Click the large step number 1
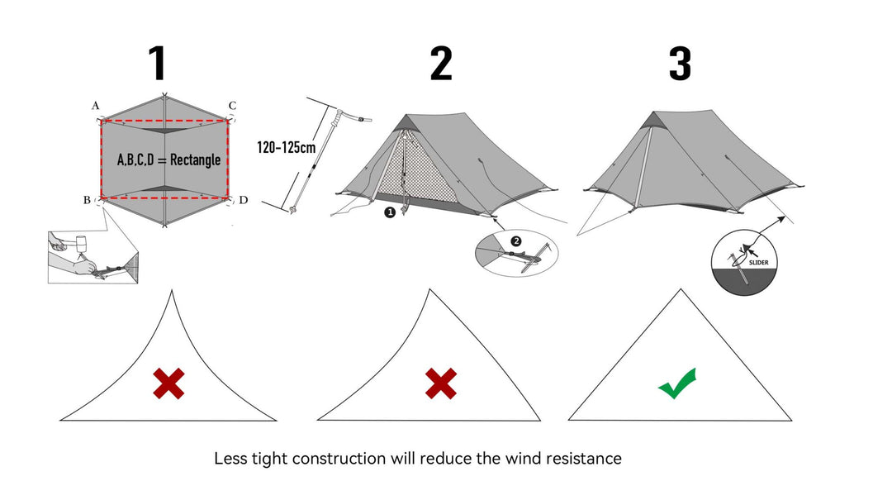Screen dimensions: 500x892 click(x=157, y=64)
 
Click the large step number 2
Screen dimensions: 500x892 click(x=441, y=64)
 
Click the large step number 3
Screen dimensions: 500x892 click(x=679, y=64)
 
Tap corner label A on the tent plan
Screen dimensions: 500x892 click(x=96, y=106)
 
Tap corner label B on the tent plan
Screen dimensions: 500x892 click(x=87, y=200)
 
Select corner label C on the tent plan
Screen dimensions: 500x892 click(x=232, y=106)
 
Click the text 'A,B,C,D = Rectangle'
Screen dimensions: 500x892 click(x=169, y=159)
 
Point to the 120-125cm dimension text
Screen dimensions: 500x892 click(x=286, y=148)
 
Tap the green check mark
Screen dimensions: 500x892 click(x=677, y=384)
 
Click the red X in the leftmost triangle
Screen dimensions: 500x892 click(x=168, y=383)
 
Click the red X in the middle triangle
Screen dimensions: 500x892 click(x=441, y=383)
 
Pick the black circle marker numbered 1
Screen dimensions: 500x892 click(x=388, y=212)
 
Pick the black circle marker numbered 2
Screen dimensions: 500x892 click(x=516, y=241)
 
